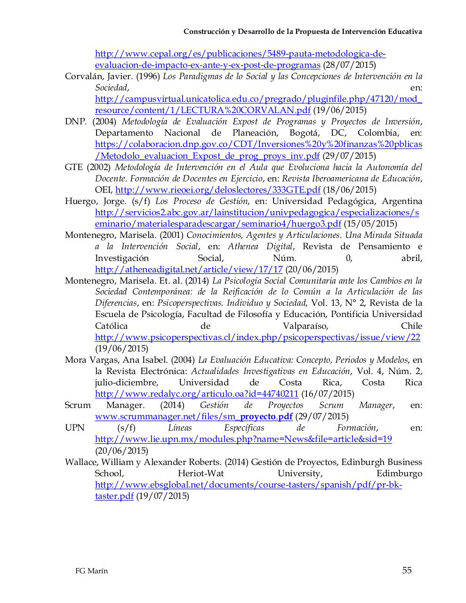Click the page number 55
point(407,570)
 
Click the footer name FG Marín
point(91,571)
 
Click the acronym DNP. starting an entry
point(76,122)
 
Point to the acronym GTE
point(73,167)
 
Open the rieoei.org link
point(217,190)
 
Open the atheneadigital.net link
point(189,269)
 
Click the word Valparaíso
point(305,326)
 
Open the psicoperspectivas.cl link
point(257,337)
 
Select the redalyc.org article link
point(196,394)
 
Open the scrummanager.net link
point(193,416)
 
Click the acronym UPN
point(74,428)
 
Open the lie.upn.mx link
point(243,439)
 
